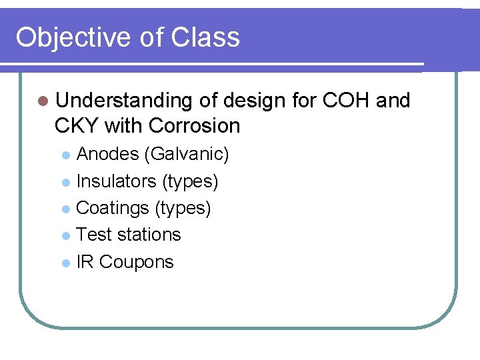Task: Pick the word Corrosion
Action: coord(195,125)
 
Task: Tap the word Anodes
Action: coord(107,155)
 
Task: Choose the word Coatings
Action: coord(113,208)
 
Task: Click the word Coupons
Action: coord(136,261)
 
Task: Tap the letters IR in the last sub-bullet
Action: coord(85,261)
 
